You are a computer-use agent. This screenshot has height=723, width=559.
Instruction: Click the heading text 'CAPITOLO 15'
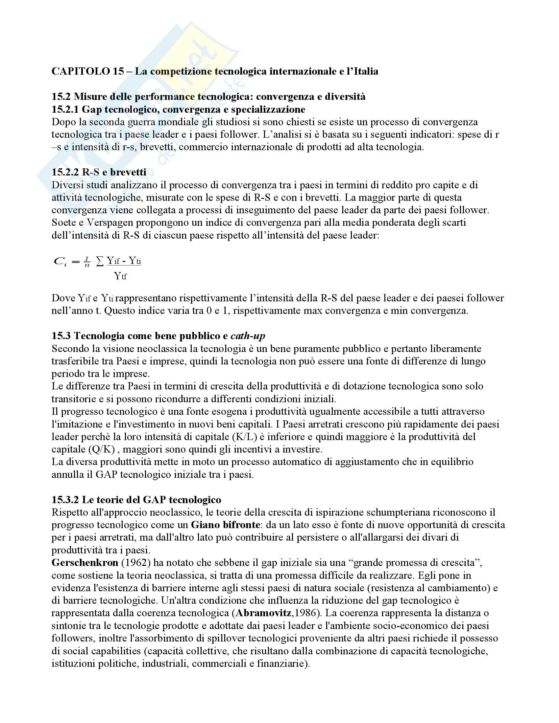(x=88, y=71)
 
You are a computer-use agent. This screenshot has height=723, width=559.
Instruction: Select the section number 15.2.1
(x=65, y=109)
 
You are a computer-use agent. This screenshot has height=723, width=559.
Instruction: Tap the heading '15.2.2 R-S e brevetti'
(x=99, y=172)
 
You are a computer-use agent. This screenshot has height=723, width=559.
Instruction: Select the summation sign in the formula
(x=99, y=261)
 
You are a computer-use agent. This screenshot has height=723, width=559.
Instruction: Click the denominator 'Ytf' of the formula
(x=120, y=276)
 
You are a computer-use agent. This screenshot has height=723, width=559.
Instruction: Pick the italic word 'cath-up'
(x=248, y=336)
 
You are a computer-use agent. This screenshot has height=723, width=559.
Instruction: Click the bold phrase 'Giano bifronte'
(x=225, y=525)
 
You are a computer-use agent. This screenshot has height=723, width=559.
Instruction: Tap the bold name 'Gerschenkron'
(x=85, y=563)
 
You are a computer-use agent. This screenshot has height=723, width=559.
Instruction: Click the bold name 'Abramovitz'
(x=264, y=613)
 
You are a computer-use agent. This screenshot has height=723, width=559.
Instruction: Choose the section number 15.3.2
(x=65, y=500)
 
